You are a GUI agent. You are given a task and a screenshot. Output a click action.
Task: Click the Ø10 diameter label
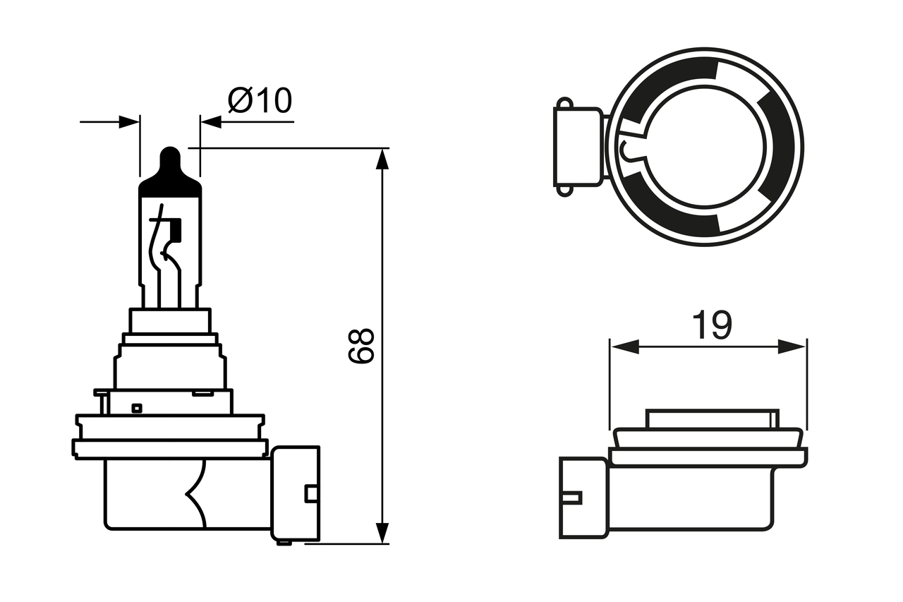click(x=260, y=101)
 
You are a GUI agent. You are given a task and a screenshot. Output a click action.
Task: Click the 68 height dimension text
click(x=360, y=345)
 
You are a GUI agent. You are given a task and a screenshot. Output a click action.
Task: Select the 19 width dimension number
click(x=711, y=325)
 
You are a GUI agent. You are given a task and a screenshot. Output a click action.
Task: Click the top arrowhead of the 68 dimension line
click(x=382, y=159)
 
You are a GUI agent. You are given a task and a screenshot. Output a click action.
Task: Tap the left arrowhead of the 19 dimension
click(x=624, y=347)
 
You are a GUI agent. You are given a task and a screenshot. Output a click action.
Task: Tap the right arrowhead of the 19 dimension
click(x=791, y=347)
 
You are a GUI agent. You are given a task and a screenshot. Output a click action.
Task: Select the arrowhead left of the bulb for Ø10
click(x=129, y=122)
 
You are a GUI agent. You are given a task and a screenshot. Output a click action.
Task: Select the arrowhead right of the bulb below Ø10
click(x=211, y=122)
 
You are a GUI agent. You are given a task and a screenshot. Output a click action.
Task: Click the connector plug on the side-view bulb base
click(x=295, y=494)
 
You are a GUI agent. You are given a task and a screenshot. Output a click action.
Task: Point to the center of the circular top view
click(x=705, y=147)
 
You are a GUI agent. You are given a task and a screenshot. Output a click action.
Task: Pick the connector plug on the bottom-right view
click(x=583, y=498)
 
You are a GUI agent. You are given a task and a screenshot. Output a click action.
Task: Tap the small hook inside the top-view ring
click(x=626, y=150)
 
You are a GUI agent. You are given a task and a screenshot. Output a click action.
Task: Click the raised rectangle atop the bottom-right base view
click(x=713, y=418)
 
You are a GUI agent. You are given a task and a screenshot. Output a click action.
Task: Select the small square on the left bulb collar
click(x=137, y=407)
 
